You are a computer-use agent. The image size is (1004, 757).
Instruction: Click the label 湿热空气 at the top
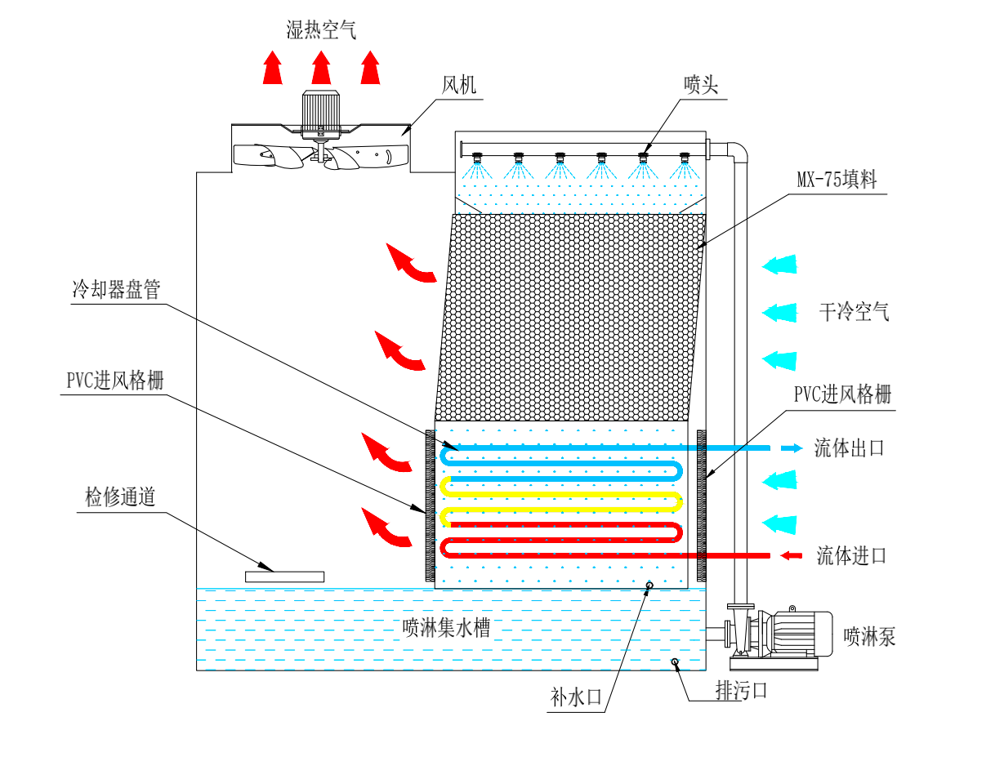pos(321,30)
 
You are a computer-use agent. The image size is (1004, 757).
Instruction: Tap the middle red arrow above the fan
pos(321,68)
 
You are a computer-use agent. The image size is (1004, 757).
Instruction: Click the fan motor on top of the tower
pos(320,109)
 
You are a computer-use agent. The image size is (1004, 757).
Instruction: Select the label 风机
pos(458,85)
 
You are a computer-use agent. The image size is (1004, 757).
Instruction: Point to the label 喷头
pos(701,85)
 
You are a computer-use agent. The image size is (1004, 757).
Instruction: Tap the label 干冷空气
pos(854,311)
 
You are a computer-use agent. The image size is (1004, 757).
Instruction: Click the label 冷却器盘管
pos(116,290)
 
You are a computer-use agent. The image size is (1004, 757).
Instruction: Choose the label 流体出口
pos(849,448)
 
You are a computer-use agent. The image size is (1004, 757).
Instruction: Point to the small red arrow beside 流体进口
pos(789,556)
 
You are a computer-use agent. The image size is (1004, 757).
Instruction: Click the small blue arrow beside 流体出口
pos(788,448)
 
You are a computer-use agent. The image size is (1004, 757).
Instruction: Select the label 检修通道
pos(120,497)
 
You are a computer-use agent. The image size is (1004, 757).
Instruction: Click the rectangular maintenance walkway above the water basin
pos(284,577)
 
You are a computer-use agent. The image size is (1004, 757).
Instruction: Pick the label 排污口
pos(741,691)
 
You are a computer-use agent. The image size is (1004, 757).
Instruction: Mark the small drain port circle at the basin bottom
pos(675,661)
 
